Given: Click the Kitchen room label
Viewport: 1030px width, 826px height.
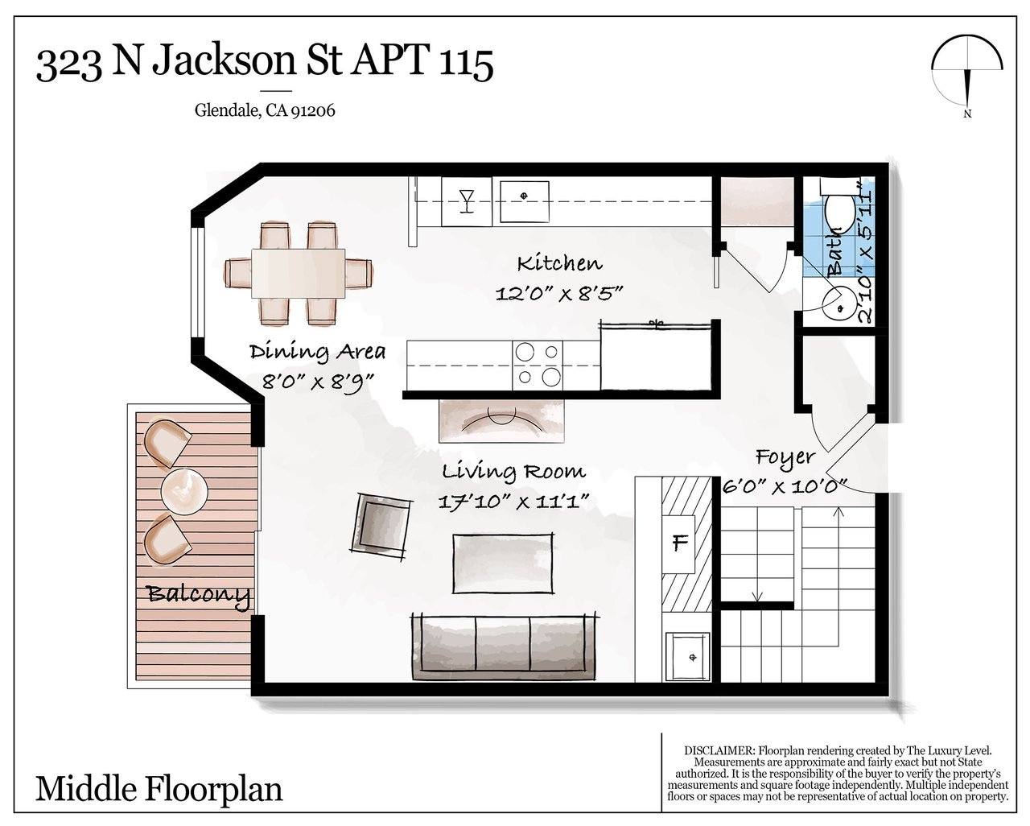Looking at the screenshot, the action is [559, 263].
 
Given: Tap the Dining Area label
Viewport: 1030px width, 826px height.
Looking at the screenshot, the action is [317, 352].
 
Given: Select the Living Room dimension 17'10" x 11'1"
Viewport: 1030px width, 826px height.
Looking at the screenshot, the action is [513, 502].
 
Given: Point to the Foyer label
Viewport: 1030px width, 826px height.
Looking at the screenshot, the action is [785, 458].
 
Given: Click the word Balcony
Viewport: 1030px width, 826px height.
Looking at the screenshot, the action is [199, 596].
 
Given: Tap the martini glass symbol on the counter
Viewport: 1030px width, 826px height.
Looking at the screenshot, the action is [466, 200].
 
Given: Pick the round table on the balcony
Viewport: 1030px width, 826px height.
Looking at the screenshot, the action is [184, 491].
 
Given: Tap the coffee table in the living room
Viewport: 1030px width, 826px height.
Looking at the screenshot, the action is [504, 563].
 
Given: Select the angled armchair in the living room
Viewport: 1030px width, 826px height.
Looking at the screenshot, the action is [381, 525].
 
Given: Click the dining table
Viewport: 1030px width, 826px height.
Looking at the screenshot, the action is [299, 274].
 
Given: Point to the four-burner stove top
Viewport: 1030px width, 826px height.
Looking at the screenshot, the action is [538, 365].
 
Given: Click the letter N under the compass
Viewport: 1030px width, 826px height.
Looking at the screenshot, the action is [967, 114].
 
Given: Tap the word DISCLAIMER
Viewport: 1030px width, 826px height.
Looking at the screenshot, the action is [719, 751].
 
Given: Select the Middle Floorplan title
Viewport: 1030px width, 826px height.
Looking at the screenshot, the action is [159, 789].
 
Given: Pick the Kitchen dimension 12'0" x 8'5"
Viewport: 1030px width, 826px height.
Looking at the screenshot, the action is [559, 293].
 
